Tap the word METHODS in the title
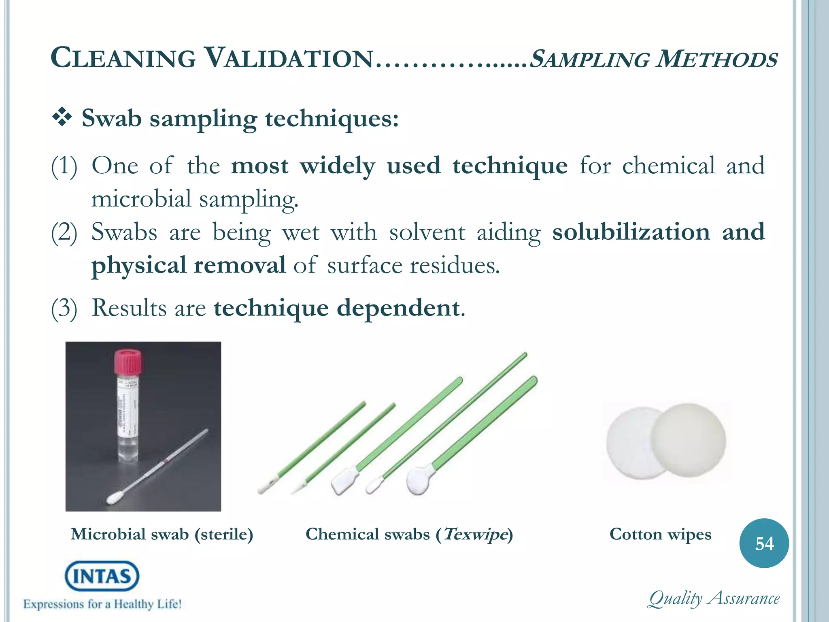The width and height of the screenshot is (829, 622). pyautogui.click(x=716, y=60)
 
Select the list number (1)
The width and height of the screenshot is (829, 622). pyautogui.click(x=64, y=166)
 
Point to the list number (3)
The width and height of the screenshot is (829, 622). pyautogui.click(x=64, y=308)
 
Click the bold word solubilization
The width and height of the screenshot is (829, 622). pyautogui.click(x=631, y=232)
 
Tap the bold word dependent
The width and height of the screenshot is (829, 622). pyautogui.click(x=398, y=308)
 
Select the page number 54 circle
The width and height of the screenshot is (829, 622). pyautogui.click(x=764, y=543)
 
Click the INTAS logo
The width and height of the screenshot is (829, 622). pyautogui.click(x=102, y=576)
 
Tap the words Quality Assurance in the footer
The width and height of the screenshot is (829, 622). pyautogui.click(x=714, y=599)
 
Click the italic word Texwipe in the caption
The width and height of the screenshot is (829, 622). pyautogui.click(x=475, y=535)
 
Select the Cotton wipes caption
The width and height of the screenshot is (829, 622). pyautogui.click(x=660, y=535)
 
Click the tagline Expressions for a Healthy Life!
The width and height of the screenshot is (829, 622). pyautogui.click(x=102, y=604)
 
